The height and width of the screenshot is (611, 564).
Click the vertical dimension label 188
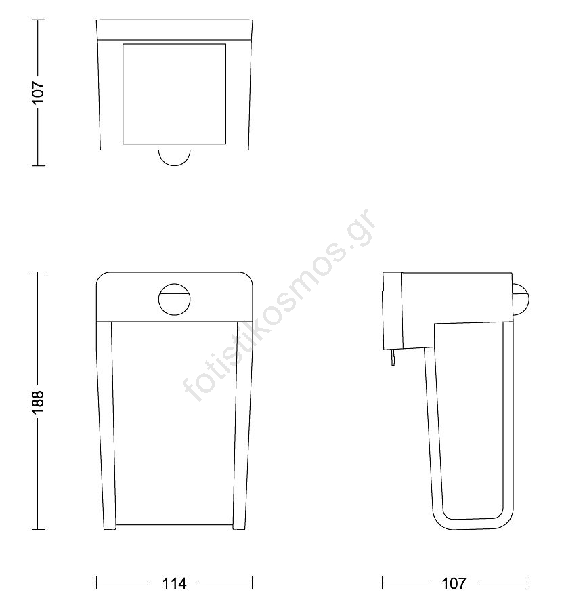click(x=39, y=402)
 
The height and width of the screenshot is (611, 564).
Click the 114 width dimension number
click(x=174, y=583)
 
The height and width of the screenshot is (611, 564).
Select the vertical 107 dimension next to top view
click(x=39, y=93)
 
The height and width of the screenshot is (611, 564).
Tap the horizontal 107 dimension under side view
click(x=454, y=583)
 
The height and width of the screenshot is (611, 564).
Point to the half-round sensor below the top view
click(x=175, y=158)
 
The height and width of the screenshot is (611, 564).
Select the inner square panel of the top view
click(x=174, y=94)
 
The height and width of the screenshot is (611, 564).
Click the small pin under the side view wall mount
click(x=393, y=357)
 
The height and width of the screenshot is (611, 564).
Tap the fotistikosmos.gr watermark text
click(x=279, y=305)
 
